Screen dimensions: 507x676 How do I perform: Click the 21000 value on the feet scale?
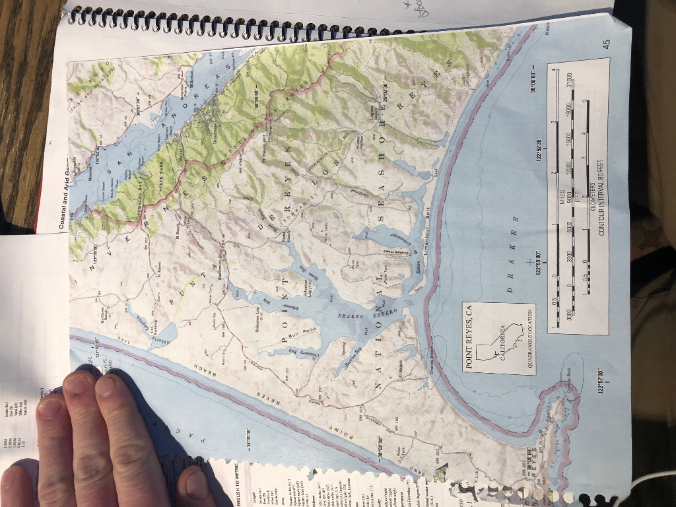tap(568, 86)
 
